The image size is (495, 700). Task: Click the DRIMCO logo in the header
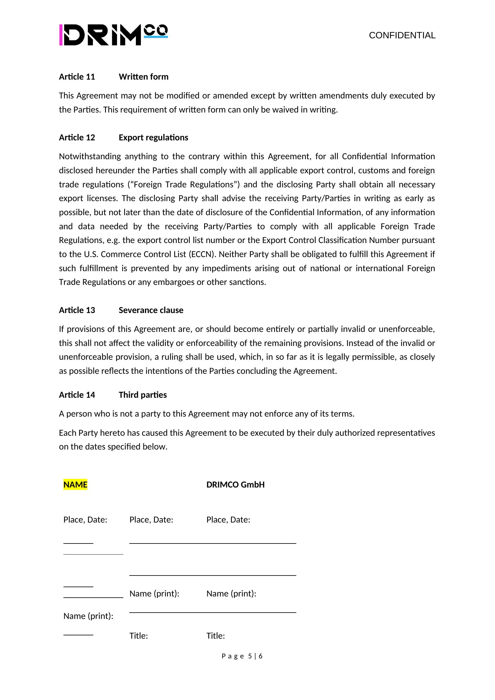pos(113,35)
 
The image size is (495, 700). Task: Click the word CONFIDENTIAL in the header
pos(402,35)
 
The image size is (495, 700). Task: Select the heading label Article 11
pos(77,77)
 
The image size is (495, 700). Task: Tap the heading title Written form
pos(144,77)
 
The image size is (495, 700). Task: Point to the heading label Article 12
pos(77,137)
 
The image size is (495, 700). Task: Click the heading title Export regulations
pos(153,137)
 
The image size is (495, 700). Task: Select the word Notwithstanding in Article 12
pos(89,157)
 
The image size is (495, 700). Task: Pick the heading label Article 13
pos(77,310)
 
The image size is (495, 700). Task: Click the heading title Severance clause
pos(151,310)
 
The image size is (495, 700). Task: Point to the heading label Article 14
pos(77,395)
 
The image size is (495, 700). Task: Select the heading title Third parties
pos(143,395)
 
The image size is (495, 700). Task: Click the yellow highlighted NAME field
pos(75,485)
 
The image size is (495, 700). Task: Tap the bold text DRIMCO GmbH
pos(235,485)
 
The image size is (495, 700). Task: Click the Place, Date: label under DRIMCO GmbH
pos(228,520)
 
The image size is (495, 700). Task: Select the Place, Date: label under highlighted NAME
pos(85,520)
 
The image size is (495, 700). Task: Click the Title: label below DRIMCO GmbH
pos(215,636)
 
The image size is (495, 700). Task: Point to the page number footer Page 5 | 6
pos(242,656)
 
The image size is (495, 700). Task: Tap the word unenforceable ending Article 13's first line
pos(406,329)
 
